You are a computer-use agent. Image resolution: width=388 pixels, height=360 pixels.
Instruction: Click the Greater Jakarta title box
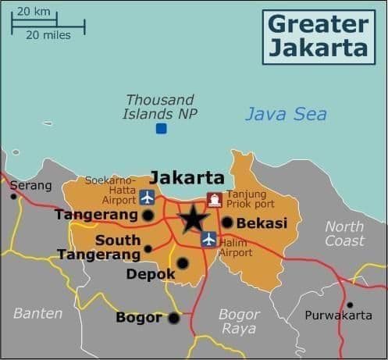click(317, 35)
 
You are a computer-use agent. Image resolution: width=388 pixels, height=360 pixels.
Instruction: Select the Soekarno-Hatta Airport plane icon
click(147, 195)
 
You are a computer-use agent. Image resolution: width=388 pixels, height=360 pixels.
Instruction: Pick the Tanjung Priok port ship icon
click(214, 199)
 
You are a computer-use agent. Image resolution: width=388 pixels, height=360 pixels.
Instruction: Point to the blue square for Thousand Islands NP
click(161, 128)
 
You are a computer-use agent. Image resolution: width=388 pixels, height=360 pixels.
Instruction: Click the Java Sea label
click(286, 114)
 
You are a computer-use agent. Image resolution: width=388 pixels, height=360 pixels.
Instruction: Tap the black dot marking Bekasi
click(227, 223)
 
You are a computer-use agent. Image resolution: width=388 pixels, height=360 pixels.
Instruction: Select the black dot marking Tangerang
click(148, 215)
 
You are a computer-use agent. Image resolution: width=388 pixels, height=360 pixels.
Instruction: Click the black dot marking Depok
click(183, 263)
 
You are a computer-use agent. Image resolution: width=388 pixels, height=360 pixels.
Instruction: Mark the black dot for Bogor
click(173, 318)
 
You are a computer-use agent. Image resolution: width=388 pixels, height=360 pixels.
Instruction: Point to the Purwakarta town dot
click(350, 305)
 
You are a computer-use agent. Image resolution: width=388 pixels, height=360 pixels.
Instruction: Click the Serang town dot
click(13, 196)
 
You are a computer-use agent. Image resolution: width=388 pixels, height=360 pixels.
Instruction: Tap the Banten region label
click(37, 313)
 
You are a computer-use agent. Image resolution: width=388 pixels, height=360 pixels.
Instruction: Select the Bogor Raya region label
click(239, 321)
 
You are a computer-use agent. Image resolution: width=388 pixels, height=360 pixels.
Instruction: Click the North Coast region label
click(344, 233)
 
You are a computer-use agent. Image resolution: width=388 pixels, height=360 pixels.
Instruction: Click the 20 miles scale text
click(48, 34)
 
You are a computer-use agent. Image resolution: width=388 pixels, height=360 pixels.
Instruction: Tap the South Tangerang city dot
click(148, 249)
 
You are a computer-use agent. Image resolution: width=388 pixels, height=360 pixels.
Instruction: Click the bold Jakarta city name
click(187, 177)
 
